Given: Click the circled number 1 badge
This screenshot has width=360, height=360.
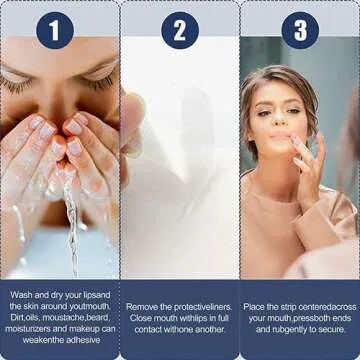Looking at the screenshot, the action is point(55,31).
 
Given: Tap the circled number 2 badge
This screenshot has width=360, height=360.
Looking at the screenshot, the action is point(180,31).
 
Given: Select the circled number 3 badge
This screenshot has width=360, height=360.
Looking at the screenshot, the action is point(300,31).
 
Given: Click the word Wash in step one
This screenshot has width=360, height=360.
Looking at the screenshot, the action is point(21,295).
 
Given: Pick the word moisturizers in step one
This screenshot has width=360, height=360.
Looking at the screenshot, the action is point(28,329).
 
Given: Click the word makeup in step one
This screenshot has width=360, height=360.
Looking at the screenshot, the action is point(85,329).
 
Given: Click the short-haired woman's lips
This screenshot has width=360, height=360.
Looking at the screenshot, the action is point(280,137).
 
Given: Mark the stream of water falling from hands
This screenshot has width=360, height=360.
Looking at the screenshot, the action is point(71,227).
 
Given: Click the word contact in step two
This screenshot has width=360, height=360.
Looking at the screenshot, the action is point(148,330).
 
